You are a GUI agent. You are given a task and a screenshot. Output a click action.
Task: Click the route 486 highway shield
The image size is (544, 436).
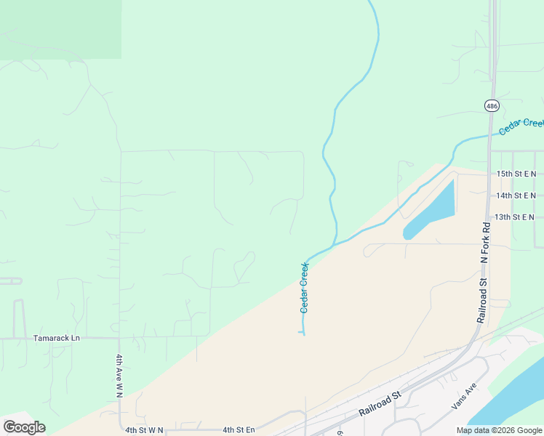tap(492, 105)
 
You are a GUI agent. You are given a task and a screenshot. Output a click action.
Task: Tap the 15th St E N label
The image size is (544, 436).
tap(516, 174)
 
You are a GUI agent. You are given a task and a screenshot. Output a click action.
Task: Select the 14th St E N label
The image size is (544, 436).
tap(516, 195)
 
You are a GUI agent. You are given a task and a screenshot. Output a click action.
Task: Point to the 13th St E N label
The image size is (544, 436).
tap(514, 217)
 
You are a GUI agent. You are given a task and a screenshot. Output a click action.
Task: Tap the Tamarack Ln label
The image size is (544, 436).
tap(56, 338)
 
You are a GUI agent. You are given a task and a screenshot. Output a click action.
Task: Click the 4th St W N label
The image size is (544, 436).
tap(144, 430)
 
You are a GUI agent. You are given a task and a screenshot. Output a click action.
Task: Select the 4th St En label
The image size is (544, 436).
tap(239, 430)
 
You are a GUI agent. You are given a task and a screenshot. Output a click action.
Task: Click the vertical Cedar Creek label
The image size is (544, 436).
tap(305, 288)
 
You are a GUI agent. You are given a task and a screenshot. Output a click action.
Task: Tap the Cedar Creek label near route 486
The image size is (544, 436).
tap(521, 125)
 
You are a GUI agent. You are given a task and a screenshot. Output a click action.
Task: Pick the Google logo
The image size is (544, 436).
tap(24, 427)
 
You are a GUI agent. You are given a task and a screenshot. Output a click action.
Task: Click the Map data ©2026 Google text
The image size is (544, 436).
tap(500, 430)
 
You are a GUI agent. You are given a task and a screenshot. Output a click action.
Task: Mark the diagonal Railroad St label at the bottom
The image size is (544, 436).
tap(380, 405)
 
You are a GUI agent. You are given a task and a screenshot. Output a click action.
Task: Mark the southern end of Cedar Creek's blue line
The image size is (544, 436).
tap(301, 333)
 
